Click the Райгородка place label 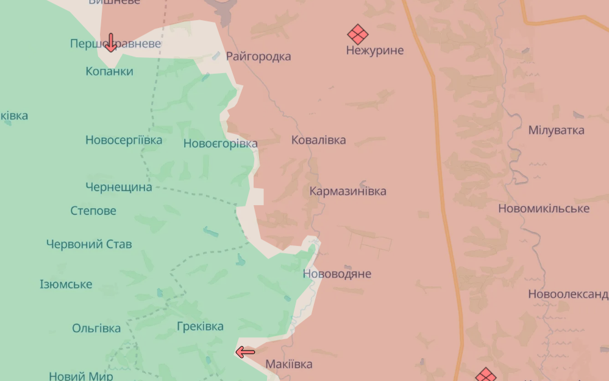tap(258, 57)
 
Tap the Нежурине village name tap(375, 51)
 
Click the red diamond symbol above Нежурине tap(358, 34)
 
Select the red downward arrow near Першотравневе tap(111, 43)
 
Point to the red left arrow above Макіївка tap(245, 352)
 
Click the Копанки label tap(110, 71)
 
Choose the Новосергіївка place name tap(124, 140)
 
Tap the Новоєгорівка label tap(221, 144)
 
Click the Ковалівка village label tap(318, 140)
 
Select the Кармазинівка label tap(347, 191)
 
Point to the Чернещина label tap(119, 187)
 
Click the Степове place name tap(93, 211)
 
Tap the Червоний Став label tap(89, 244)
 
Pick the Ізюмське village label tap(66, 284)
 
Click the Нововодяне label tap(337, 274)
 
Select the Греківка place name tap(200, 326)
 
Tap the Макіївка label tap(289, 364)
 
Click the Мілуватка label tap(556, 130)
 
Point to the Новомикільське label tap(544, 209)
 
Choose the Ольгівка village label tap(96, 328)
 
